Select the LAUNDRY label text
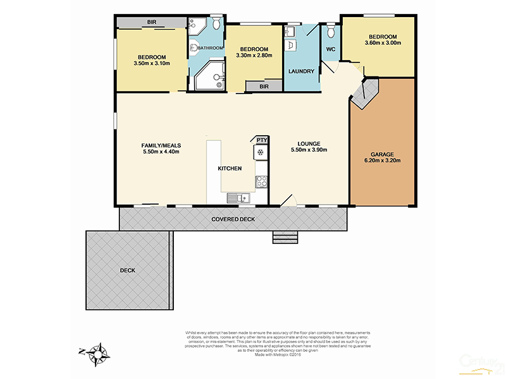(x=301, y=71)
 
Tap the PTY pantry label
(x=261, y=140)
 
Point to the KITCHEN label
(x=230, y=169)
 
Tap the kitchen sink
(x=240, y=198)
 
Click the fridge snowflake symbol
(x=259, y=152)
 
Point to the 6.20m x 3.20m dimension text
(x=382, y=160)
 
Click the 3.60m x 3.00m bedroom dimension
(x=383, y=43)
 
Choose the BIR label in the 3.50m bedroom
(x=152, y=22)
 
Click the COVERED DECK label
(x=233, y=219)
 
